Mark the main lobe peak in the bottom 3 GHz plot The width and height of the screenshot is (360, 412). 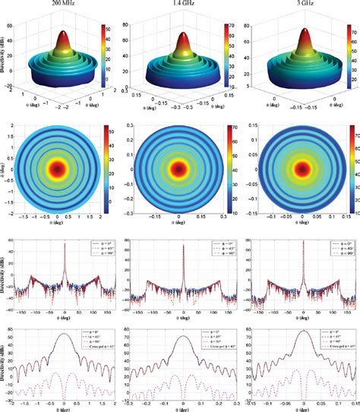click(303, 309)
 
